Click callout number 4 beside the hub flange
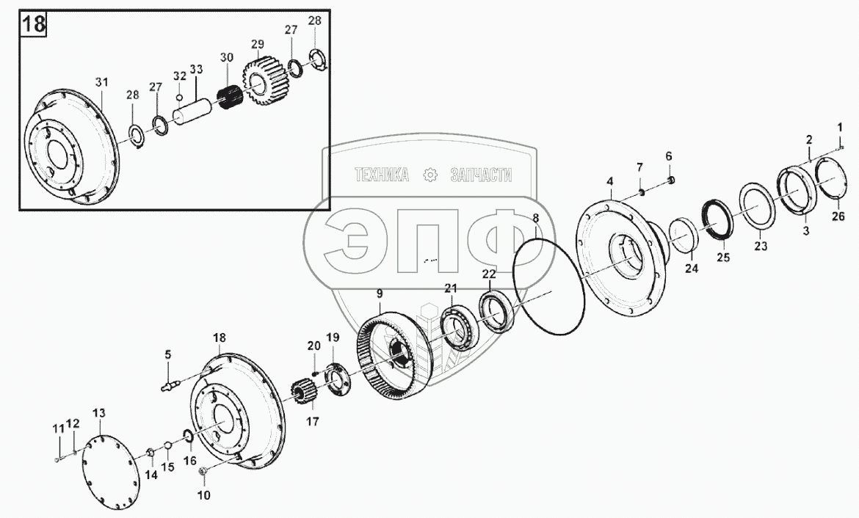[609, 180]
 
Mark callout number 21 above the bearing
[449, 288]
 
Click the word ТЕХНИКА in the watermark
[382, 175]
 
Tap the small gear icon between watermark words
[431, 175]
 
